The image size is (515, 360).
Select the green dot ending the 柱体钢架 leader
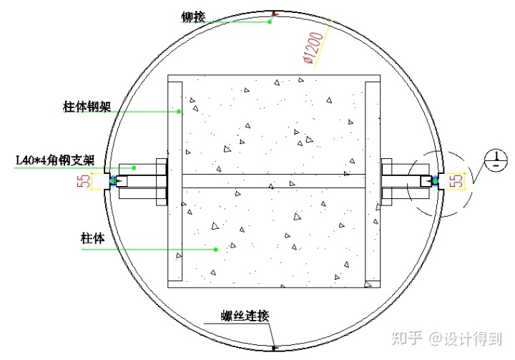[x=180, y=111]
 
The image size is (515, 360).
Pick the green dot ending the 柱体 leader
[x=215, y=249]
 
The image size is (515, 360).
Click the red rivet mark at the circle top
[x=275, y=14]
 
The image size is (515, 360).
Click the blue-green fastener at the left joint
[x=112, y=180]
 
